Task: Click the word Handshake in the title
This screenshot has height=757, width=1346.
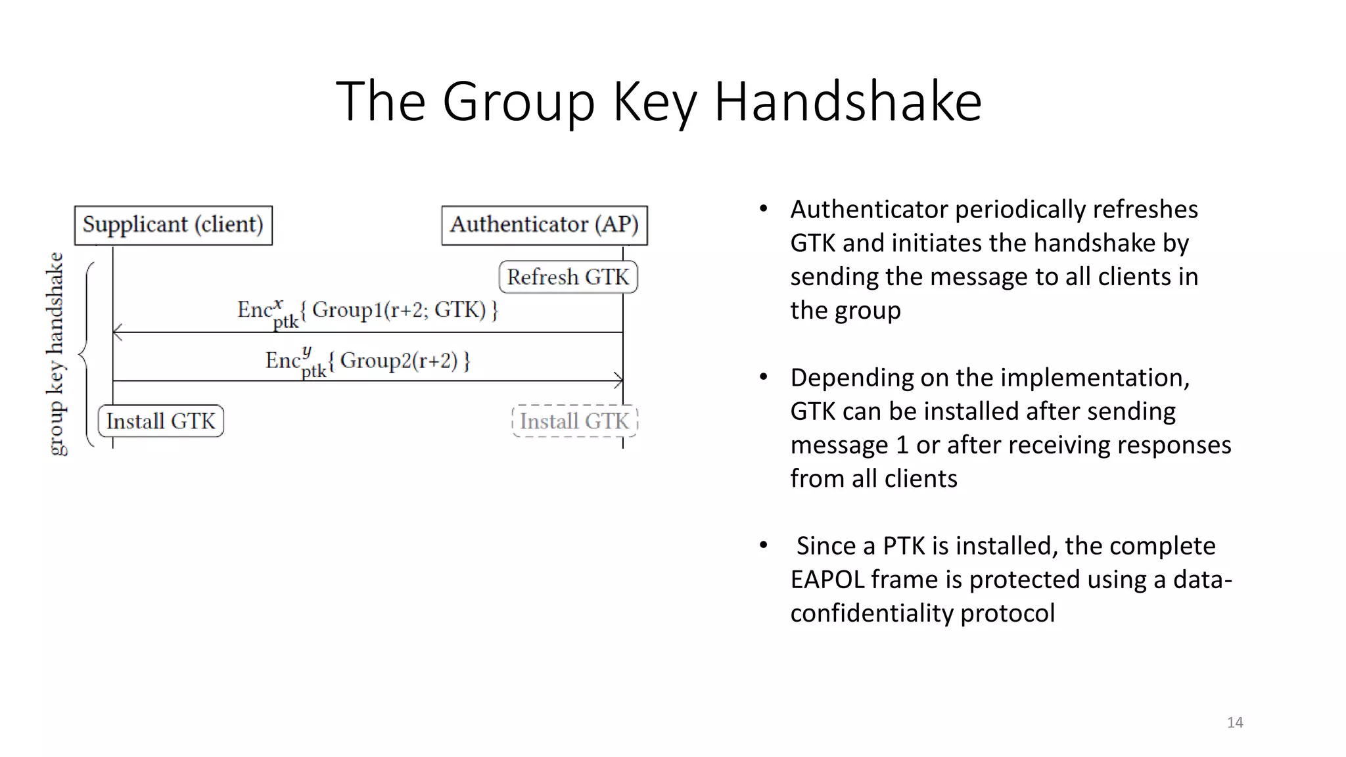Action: click(848, 102)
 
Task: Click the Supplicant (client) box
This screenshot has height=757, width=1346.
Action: click(173, 225)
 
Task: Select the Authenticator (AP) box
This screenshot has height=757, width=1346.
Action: click(544, 225)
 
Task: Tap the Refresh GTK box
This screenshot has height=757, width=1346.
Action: click(568, 277)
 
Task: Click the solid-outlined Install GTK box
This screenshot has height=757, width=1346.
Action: click(161, 421)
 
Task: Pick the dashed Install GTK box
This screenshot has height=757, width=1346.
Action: click(574, 421)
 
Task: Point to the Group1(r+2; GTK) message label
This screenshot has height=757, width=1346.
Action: click(398, 310)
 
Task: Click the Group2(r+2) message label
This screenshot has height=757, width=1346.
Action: click(398, 360)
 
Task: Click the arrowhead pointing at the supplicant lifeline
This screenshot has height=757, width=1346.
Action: click(118, 333)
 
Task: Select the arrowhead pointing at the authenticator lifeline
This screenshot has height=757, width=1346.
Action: click(618, 380)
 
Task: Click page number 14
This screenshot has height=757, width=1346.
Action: click(1235, 722)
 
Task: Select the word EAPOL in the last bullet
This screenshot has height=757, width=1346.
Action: click(827, 580)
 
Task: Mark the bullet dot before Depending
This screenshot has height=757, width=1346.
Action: click(763, 377)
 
